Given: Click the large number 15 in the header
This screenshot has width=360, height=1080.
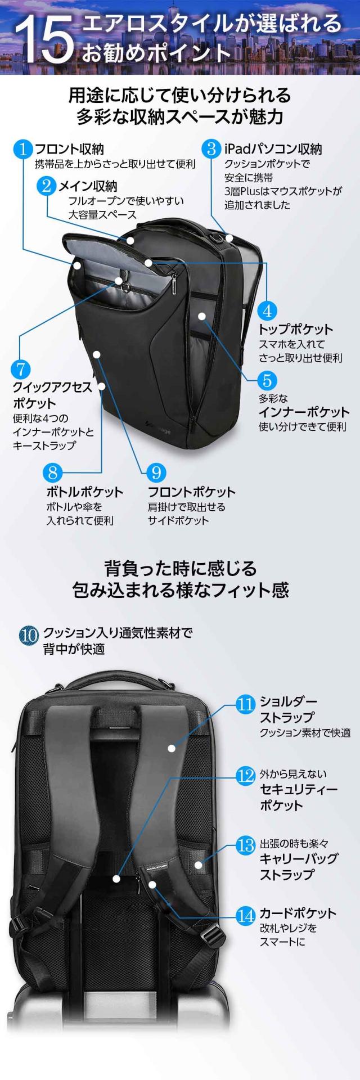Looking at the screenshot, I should coord(44,38).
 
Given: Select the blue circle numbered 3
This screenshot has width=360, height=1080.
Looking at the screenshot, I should coord(211,149).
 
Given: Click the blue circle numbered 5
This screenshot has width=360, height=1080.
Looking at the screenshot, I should coord(267,381).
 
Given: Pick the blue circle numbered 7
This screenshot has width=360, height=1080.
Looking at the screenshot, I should coord(21,369).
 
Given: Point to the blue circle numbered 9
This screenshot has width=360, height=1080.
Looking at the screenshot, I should coord(156,472).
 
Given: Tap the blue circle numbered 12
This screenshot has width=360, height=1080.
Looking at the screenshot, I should coord(246,776).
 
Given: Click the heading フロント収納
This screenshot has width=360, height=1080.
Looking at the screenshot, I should coord(69,149).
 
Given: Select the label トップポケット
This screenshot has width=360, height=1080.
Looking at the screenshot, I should coord(295,329).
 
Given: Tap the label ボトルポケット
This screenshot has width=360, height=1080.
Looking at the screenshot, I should coord(84,492).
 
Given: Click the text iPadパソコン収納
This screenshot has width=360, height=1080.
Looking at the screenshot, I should coord(273,149).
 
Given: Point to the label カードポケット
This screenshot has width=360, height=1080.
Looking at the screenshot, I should coord(297,913).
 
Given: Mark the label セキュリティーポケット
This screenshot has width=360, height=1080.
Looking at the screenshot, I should coord(298,797).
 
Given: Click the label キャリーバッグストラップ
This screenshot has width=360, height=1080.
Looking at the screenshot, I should coord(298,866).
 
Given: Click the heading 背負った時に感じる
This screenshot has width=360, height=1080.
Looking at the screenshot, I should coord(180,569).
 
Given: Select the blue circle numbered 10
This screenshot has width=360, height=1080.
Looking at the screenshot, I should coord(29,636).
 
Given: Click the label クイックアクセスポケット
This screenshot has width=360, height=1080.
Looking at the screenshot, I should coord(52,395).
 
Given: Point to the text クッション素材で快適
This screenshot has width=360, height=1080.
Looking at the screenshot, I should coord(305,733).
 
